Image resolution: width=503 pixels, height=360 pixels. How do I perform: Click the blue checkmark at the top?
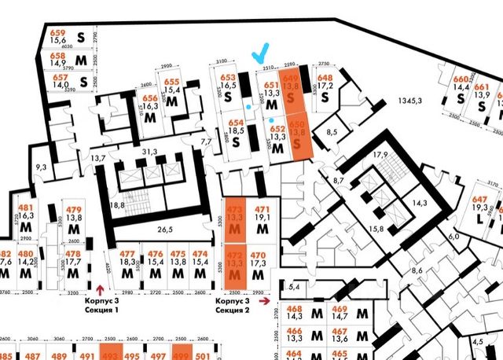click(259, 53)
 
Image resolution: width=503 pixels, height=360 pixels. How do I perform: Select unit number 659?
click(57, 34)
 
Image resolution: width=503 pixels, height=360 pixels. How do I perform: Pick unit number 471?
click(262, 209)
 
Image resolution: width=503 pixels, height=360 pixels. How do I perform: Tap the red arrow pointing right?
click(266, 300)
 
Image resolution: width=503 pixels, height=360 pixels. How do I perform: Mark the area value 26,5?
click(163, 230)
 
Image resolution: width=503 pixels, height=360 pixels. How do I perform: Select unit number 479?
click(74, 209)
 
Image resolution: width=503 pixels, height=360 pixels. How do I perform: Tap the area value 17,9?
click(382, 154)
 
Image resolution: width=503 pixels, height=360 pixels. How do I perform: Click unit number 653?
click(228, 78)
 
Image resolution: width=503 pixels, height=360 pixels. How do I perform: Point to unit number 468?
click(294, 308)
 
